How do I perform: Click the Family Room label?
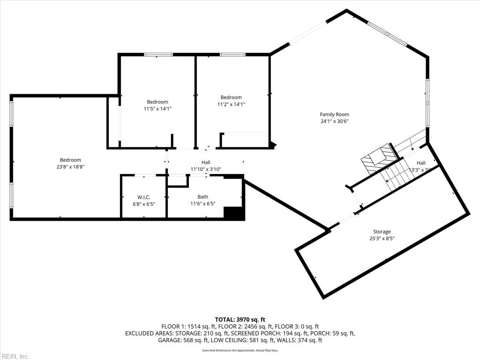tap(334, 114)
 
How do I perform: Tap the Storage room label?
tap(382, 232)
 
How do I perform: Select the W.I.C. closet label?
tap(143, 197)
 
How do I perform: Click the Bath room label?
tap(202, 197)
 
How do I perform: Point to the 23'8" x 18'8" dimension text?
tap(70, 167)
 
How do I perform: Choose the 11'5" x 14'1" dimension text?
tap(157, 109)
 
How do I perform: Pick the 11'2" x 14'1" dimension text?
tap(231, 105)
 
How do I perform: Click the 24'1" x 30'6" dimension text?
tap(334, 121)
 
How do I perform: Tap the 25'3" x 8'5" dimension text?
tap(382, 239)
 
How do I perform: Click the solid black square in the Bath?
tap(233, 213)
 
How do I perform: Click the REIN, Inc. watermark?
tap(15, 356)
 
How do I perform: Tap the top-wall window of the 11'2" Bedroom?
tap(232, 55)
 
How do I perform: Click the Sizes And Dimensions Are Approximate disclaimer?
tap(240, 350)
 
